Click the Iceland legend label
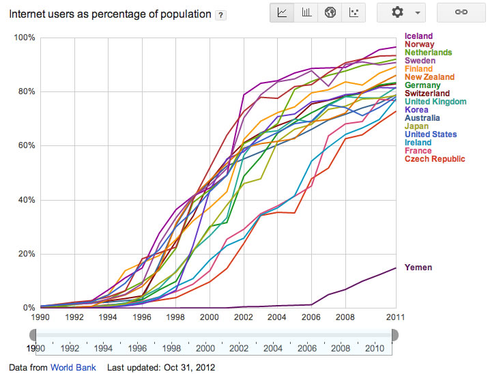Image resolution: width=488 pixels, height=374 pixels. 418,36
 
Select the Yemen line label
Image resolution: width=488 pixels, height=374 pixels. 418,267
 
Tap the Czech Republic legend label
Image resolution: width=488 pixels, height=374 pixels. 435,159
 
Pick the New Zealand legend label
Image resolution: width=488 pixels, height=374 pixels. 429,77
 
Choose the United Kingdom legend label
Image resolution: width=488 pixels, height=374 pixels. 435,102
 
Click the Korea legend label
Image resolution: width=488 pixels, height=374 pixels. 416,110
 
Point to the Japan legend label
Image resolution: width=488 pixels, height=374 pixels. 416,126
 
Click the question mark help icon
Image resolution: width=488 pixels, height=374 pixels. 221,14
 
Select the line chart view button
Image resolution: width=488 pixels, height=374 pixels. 282,13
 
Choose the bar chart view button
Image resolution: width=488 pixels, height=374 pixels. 306,13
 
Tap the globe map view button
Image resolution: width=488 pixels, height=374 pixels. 330,13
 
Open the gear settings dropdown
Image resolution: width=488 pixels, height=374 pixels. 401,13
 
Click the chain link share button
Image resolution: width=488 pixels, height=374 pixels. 461,13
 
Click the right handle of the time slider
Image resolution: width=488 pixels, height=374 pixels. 394,334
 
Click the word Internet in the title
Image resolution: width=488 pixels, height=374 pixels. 28,14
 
